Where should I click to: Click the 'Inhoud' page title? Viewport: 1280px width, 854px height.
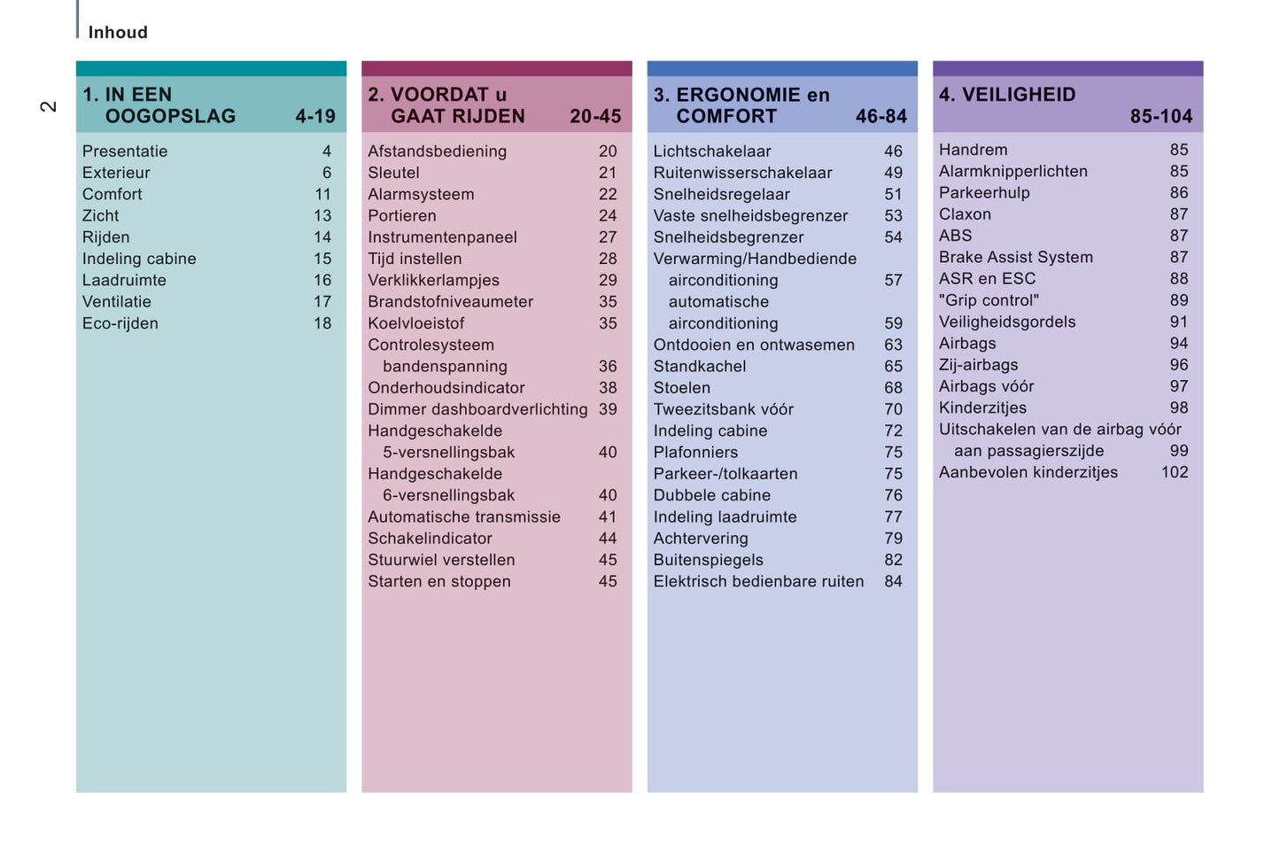click(x=118, y=33)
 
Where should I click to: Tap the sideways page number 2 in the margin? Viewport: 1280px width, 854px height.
click(x=48, y=106)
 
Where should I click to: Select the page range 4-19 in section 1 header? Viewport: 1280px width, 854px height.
click(x=315, y=116)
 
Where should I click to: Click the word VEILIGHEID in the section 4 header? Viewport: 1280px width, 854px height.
click(x=1019, y=95)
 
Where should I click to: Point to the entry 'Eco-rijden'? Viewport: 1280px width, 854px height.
click(x=120, y=323)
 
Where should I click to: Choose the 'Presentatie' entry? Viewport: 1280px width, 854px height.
click(x=125, y=151)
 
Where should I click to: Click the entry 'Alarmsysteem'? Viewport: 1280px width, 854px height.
click(x=421, y=194)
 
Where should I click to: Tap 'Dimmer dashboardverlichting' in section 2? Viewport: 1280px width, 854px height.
click(x=477, y=409)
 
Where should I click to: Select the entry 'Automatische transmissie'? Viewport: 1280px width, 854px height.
click(x=464, y=516)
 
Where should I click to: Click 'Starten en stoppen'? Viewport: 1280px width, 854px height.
click(x=439, y=581)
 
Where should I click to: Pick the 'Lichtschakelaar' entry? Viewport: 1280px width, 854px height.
click(x=712, y=151)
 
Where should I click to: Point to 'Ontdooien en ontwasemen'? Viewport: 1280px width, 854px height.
click(x=754, y=345)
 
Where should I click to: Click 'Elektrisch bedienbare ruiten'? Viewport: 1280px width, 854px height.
click(x=758, y=581)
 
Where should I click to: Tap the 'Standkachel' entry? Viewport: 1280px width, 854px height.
click(x=700, y=366)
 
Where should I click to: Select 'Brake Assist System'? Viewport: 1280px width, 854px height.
click(x=1016, y=257)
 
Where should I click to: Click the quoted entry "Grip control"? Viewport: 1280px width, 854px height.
click(x=989, y=300)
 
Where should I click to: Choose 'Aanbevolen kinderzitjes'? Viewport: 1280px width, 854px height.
click(x=1028, y=472)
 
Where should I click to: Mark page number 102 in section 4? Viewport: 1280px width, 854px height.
click(x=1175, y=472)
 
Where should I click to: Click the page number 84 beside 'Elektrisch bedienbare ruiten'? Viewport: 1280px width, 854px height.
click(x=893, y=581)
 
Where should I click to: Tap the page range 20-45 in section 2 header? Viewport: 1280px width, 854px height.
click(x=595, y=116)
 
